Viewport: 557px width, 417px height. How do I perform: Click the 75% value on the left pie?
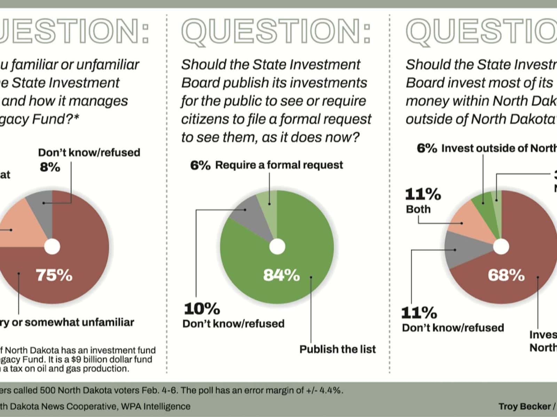pos(54,275)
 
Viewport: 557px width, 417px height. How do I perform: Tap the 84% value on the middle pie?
pos(281,275)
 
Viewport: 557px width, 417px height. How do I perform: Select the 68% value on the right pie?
pos(506,275)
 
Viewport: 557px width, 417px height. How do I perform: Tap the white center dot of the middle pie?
pos(277,247)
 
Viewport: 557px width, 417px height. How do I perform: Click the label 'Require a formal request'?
pos(279,165)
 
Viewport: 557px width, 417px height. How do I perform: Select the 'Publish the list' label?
pos(338,349)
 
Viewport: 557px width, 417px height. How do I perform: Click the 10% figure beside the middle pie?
pos(202,309)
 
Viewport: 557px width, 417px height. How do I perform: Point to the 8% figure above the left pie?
pos(50,167)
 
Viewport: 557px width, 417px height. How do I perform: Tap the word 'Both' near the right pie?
pos(418,209)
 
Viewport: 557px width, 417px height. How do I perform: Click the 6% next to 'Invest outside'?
pos(427,148)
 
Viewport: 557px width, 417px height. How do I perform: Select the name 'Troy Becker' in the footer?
pos(524,406)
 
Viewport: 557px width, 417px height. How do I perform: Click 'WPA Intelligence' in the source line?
pos(156,406)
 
